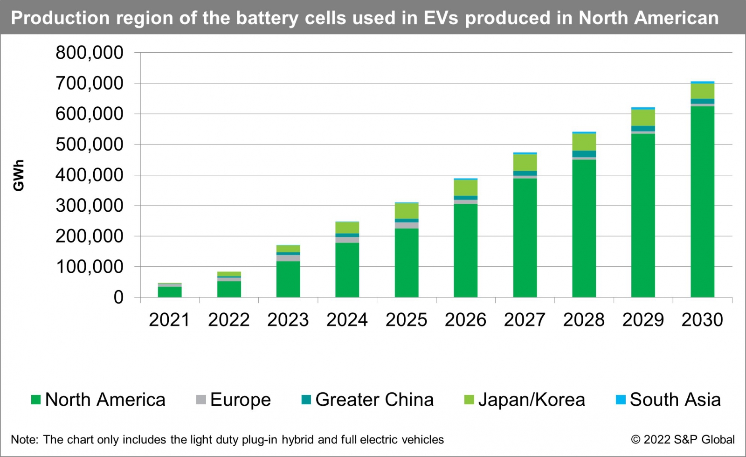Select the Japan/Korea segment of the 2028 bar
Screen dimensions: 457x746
coord(584,142)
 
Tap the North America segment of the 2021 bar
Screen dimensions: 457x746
coord(170,292)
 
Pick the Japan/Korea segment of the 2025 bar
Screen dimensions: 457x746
coord(407,211)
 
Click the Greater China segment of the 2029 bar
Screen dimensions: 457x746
coord(643,129)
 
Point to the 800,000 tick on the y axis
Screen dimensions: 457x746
coord(90,53)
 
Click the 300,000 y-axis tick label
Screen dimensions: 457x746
coord(90,206)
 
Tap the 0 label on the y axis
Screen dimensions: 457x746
coord(118,298)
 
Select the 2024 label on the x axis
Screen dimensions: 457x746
coord(347,320)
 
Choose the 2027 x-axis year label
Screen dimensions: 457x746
coord(525,320)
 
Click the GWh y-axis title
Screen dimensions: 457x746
coord(19,175)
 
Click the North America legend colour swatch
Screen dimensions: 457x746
coord(36,400)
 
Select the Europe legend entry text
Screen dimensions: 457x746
coord(240,400)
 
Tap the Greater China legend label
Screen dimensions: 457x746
coord(374,400)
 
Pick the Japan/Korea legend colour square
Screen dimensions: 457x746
coord(469,400)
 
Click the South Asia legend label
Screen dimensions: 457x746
coord(675,400)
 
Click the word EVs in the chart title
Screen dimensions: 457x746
coord(442,18)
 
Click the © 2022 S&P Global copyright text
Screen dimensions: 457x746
coord(683,440)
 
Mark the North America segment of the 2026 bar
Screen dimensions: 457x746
coord(465,250)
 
